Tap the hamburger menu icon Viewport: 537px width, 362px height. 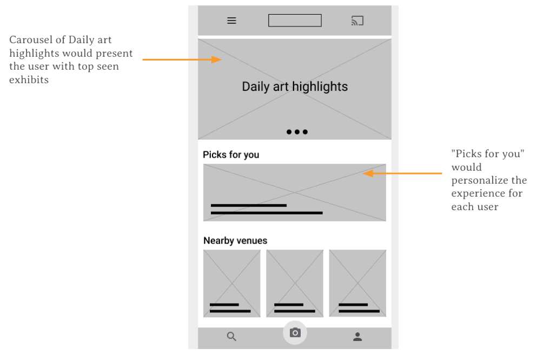point(231,21)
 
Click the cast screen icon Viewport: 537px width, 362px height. point(357,21)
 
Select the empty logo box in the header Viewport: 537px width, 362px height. point(295,21)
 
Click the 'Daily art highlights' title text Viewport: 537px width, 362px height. point(295,86)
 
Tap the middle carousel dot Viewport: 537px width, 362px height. point(297,132)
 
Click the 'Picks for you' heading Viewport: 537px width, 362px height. point(231,155)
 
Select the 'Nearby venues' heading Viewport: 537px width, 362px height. point(235,240)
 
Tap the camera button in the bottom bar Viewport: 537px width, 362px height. point(295,333)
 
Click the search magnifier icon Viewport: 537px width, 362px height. point(231,337)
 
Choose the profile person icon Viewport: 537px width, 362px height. point(357,337)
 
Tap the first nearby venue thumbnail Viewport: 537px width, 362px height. point(232,283)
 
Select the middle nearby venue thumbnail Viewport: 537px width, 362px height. point(295,283)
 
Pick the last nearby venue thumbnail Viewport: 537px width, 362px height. point(357,283)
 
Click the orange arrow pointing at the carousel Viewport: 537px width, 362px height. point(182,59)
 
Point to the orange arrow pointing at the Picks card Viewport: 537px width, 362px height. point(402,173)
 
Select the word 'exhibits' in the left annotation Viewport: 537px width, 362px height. point(29,80)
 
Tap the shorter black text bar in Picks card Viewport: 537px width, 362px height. point(249,205)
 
